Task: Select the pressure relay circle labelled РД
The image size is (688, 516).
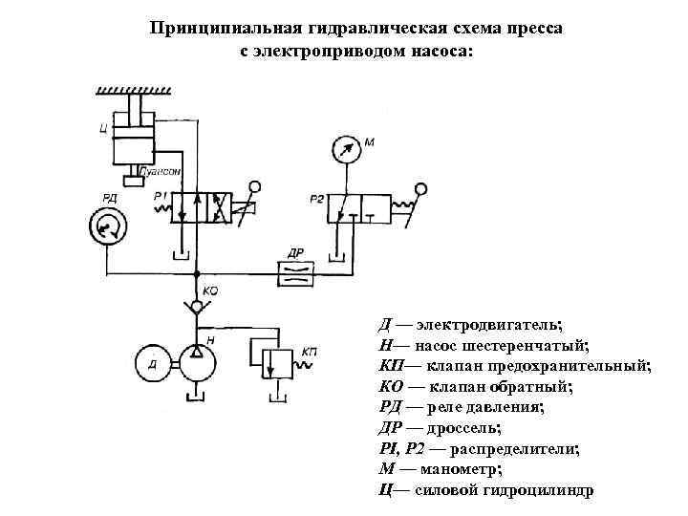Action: [107, 226]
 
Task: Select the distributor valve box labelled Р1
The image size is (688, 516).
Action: [203, 207]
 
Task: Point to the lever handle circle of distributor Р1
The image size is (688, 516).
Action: [255, 187]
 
